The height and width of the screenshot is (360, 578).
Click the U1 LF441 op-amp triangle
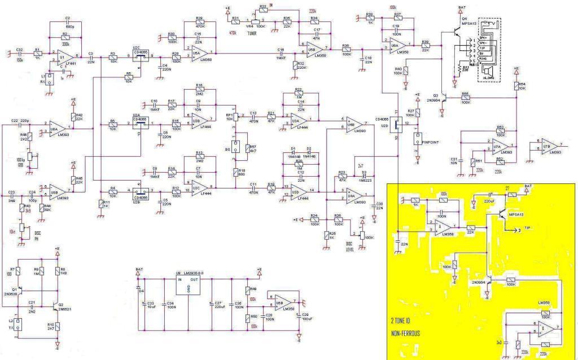point(64,56)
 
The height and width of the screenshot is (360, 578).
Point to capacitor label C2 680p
point(68,23)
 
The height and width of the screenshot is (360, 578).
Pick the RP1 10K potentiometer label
point(230,116)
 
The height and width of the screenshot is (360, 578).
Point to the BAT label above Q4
point(462,7)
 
